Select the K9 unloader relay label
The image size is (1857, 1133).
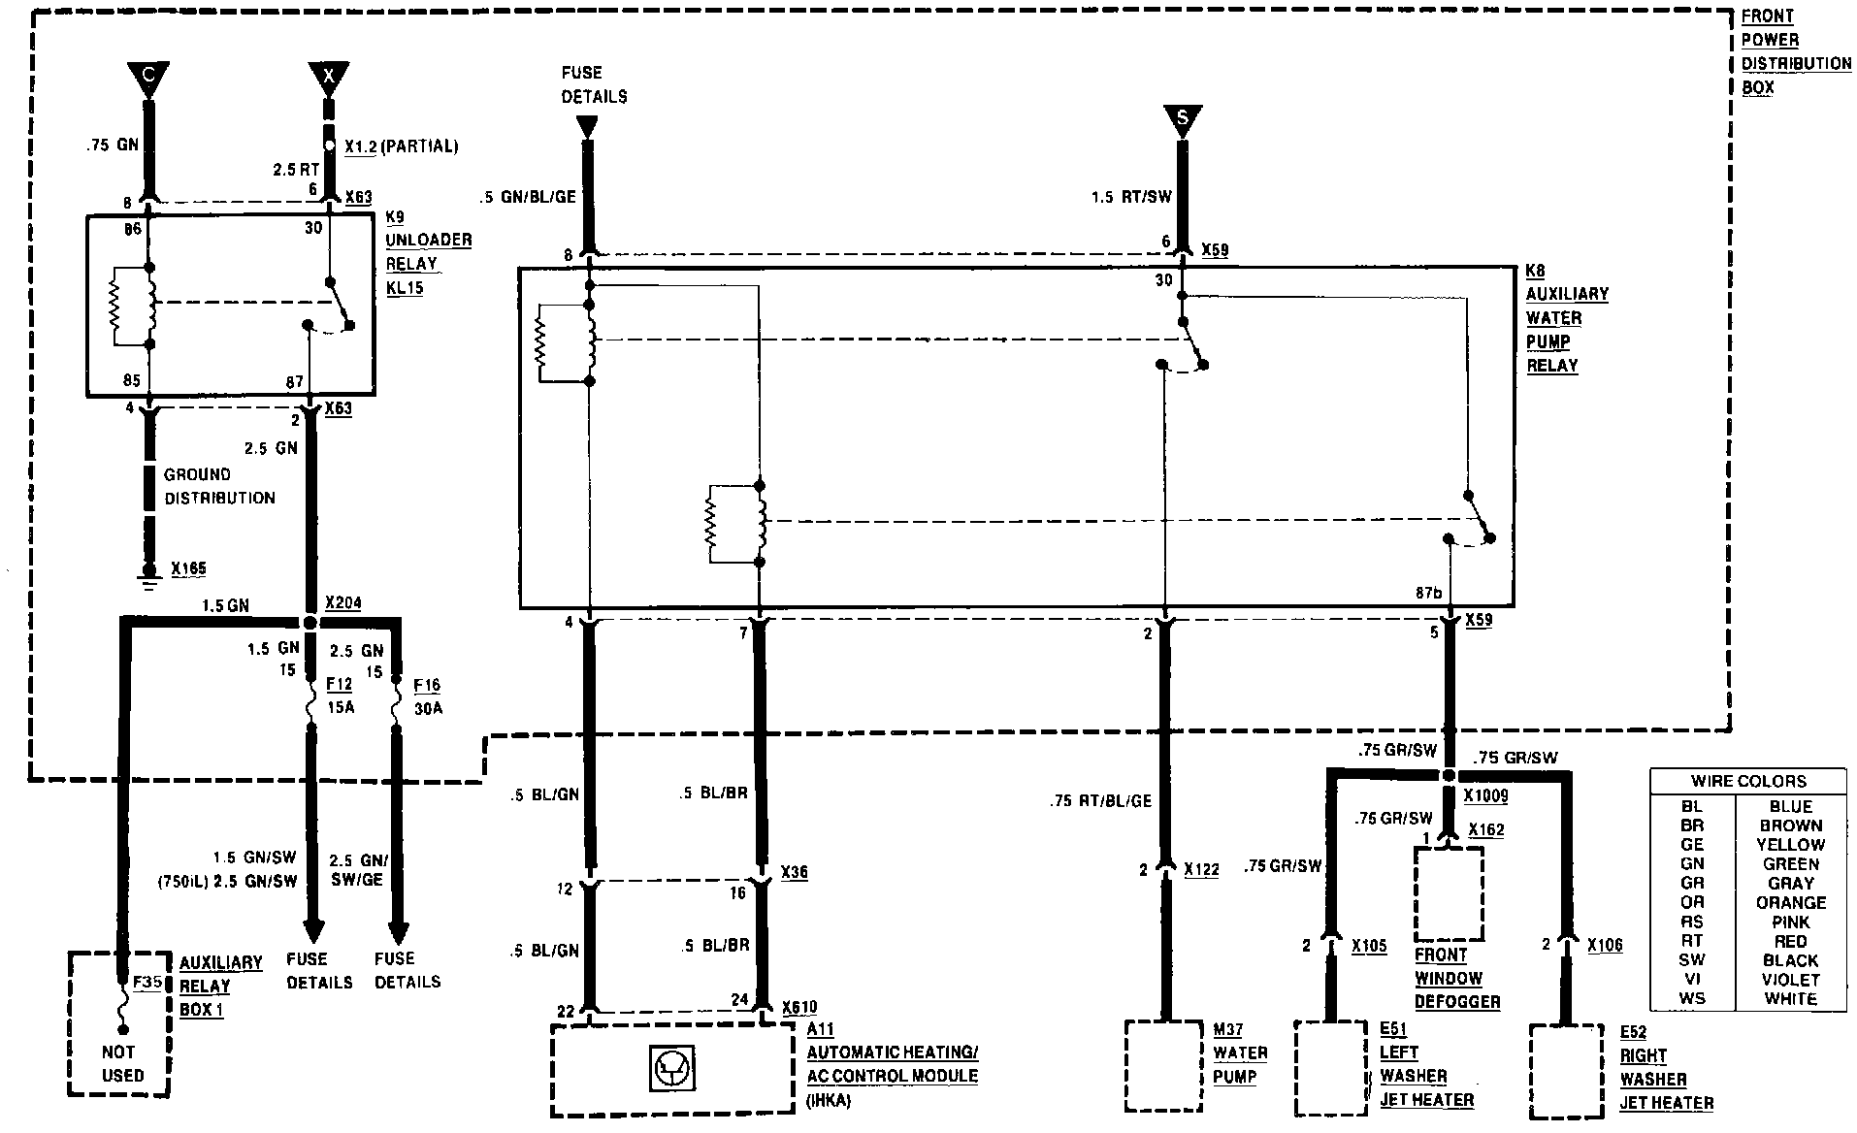428,253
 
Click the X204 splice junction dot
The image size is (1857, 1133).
310,622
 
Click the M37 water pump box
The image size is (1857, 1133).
1163,1064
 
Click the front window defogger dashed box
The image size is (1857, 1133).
1449,892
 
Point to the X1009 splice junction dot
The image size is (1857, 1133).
1449,776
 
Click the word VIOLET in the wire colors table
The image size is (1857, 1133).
1790,980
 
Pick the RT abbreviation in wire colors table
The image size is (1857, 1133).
1692,941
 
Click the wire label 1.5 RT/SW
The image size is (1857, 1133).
1131,197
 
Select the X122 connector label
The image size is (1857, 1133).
1201,869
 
